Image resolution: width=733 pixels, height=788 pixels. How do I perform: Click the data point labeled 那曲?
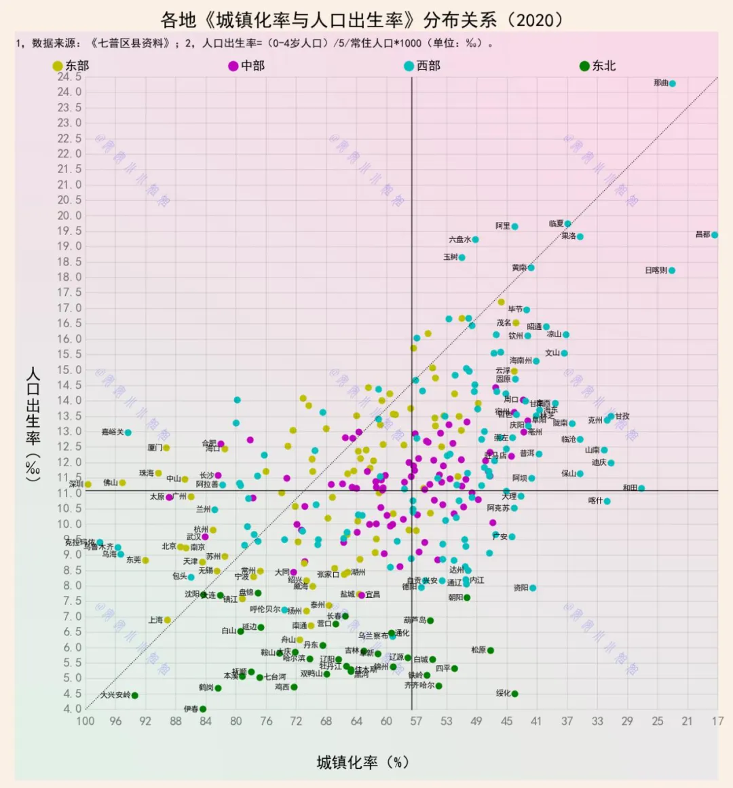pyautogui.click(x=673, y=83)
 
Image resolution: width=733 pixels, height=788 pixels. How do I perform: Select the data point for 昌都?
pyautogui.click(x=715, y=235)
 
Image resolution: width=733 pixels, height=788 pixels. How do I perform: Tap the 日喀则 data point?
pyautogui.click(x=672, y=270)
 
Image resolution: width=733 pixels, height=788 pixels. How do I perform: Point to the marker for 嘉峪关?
pyautogui.click(x=128, y=432)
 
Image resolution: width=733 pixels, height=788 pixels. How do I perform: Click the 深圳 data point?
pyautogui.click(x=88, y=485)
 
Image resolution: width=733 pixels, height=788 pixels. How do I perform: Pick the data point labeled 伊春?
pyautogui.click(x=203, y=709)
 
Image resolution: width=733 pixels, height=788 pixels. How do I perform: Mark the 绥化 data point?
pyautogui.click(x=515, y=694)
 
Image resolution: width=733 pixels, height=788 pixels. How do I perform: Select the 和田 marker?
pyautogui.click(x=641, y=488)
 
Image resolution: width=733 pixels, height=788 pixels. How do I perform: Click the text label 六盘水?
pyautogui.click(x=459, y=240)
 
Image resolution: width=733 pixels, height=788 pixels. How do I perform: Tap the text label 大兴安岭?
pyautogui.click(x=115, y=695)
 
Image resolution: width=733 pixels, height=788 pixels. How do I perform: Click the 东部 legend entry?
pyautogui.click(x=71, y=66)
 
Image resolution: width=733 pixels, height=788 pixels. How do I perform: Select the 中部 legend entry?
pyautogui.click(x=246, y=66)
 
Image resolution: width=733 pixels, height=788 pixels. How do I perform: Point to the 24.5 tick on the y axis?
pyautogui.click(x=69, y=77)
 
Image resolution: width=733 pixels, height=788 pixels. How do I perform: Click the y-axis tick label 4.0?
pyautogui.click(x=72, y=709)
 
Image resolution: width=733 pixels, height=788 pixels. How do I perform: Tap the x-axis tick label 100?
pyautogui.click(x=86, y=721)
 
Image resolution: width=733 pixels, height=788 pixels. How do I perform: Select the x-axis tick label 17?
pyautogui.click(x=717, y=721)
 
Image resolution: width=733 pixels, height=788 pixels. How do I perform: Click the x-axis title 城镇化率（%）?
pyautogui.click(x=362, y=762)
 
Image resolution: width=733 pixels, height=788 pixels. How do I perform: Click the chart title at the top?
pyautogui.click(x=362, y=19)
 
